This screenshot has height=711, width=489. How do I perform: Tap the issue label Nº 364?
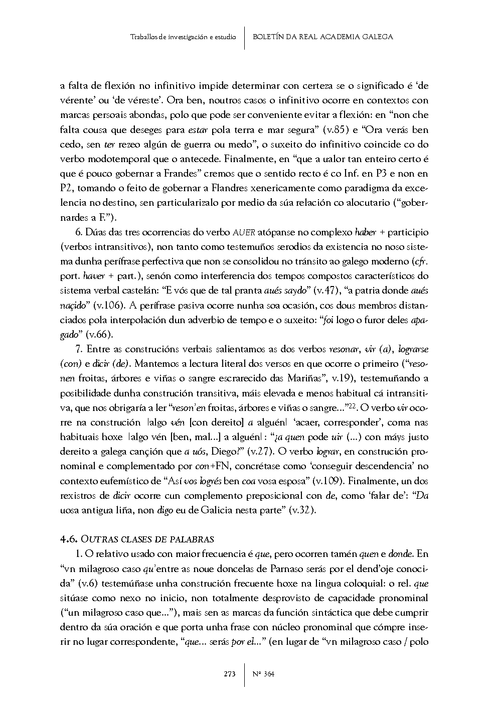[x=264, y=674]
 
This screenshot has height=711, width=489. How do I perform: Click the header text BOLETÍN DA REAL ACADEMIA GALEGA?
[x=322, y=37]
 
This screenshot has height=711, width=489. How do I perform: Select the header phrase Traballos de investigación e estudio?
[x=183, y=37]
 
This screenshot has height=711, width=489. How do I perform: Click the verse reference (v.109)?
[x=327, y=481]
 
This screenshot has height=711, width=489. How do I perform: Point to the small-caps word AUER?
[x=244, y=232]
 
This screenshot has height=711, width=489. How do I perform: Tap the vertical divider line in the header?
[x=244, y=38]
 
